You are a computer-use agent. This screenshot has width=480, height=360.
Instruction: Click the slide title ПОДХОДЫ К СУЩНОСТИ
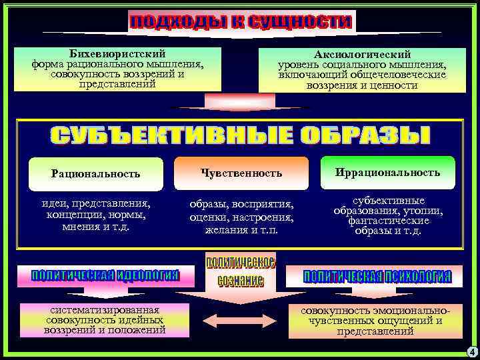tap(240, 21)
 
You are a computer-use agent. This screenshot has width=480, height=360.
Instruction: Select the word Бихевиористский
tap(117, 53)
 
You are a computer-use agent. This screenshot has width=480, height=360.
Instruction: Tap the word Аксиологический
tap(362, 54)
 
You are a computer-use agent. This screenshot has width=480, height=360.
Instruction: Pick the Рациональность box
tap(96, 173)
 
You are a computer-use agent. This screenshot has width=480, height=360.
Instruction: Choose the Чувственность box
tap(241, 173)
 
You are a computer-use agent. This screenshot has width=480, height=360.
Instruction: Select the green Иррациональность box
tap(387, 172)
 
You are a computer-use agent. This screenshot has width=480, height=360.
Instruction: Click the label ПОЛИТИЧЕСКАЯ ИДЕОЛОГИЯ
tap(105, 275)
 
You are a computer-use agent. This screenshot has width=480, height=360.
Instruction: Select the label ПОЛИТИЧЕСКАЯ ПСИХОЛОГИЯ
tap(377, 276)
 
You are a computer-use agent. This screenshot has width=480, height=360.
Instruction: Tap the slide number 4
tap(471, 351)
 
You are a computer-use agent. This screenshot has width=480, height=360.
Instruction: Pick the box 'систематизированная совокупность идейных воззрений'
tap(105, 320)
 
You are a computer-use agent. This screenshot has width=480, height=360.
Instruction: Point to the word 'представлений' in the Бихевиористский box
tap(117, 85)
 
